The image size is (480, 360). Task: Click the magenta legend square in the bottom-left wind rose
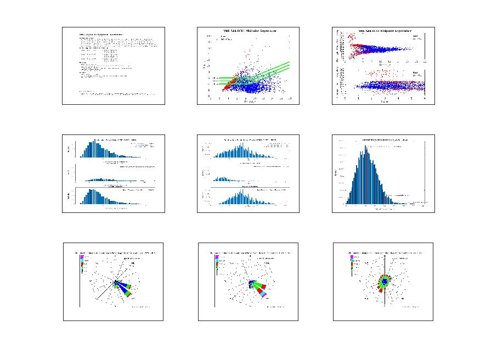82,257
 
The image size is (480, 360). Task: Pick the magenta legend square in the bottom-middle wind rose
217,257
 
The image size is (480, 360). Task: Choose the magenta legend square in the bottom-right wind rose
352,257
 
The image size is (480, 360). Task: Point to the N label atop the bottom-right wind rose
385,256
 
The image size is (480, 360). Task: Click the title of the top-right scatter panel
385,31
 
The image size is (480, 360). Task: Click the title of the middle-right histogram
384,140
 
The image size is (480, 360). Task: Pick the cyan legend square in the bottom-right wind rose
352,260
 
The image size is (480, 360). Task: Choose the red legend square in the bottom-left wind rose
82,264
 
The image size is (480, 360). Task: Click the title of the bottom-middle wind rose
250,253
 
